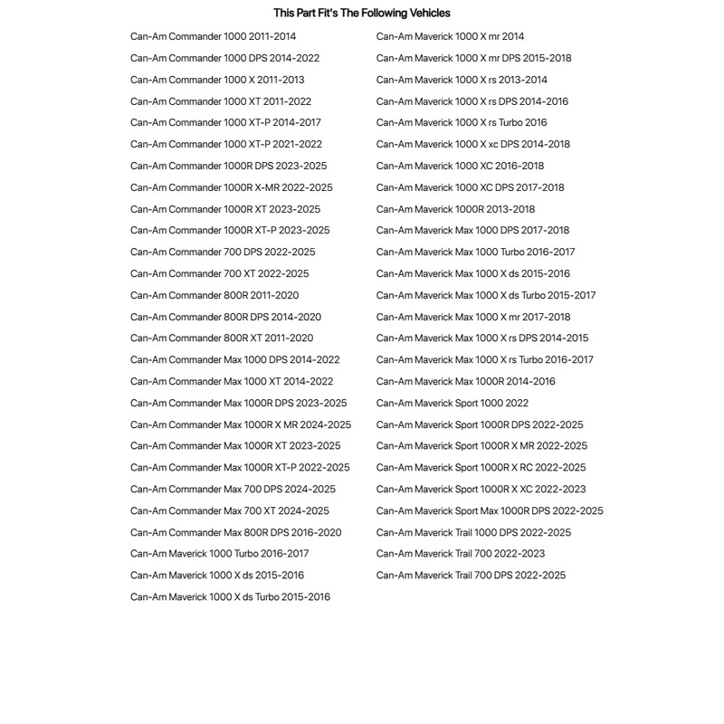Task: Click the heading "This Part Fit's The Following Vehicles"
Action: (361, 14)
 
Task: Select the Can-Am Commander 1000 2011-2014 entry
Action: (213, 37)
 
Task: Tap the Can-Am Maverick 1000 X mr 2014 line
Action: (450, 37)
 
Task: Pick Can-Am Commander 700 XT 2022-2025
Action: (219, 273)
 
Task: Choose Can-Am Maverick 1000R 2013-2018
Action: (455, 209)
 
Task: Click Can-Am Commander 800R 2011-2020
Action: (214, 295)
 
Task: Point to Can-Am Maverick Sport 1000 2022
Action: (452, 403)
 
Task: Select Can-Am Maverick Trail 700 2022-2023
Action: (461, 554)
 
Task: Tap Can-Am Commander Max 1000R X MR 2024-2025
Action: (241, 424)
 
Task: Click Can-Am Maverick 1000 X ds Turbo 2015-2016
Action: (230, 597)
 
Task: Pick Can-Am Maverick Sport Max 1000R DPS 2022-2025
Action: (490, 510)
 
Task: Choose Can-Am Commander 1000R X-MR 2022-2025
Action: (231, 187)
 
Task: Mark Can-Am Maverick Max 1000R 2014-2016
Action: (466, 381)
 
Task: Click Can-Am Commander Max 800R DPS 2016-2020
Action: (235, 532)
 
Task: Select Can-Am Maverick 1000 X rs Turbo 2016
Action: (462, 123)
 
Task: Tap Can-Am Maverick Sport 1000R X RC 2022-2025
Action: (481, 468)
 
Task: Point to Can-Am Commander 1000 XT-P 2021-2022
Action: (225, 145)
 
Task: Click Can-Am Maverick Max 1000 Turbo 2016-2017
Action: (475, 252)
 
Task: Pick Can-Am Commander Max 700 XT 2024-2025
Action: (230, 510)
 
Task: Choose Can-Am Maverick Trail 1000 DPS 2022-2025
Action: (473, 532)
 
